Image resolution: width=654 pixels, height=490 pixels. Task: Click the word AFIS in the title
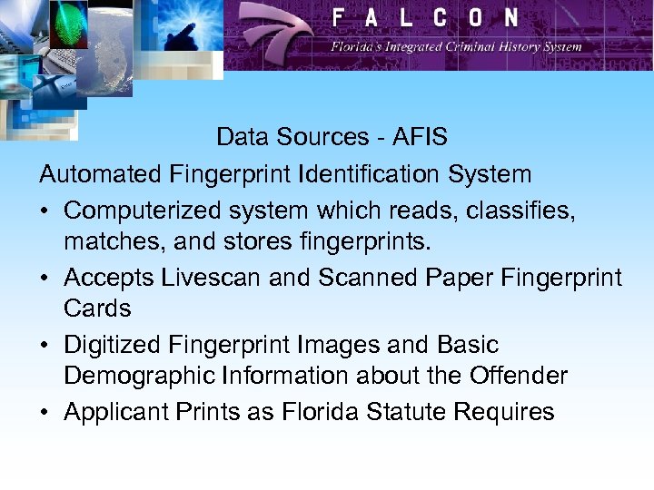point(420,137)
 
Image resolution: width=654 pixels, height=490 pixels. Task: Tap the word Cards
point(97,309)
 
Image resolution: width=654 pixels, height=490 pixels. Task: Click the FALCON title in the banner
point(425,18)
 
